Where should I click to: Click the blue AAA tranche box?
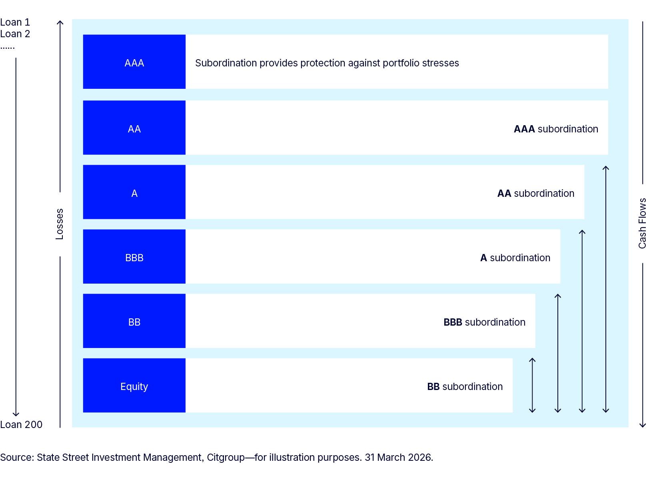click(134, 62)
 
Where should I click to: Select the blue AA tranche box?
click(134, 128)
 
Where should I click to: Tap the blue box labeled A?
click(134, 192)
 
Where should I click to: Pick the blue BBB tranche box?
click(134, 257)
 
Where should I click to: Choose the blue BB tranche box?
click(134, 321)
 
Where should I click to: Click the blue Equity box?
click(134, 386)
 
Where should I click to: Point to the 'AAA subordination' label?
click(556, 129)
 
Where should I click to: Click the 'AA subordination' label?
click(536, 194)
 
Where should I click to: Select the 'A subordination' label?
click(515, 258)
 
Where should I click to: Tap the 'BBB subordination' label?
click(485, 322)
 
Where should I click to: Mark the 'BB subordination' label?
click(465, 387)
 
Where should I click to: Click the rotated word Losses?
click(60, 224)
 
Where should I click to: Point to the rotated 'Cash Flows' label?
click(643, 224)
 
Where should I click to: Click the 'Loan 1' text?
click(15, 22)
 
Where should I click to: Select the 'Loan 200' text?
click(21, 425)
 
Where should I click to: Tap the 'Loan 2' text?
click(15, 34)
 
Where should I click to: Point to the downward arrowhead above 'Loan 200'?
click(16, 415)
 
